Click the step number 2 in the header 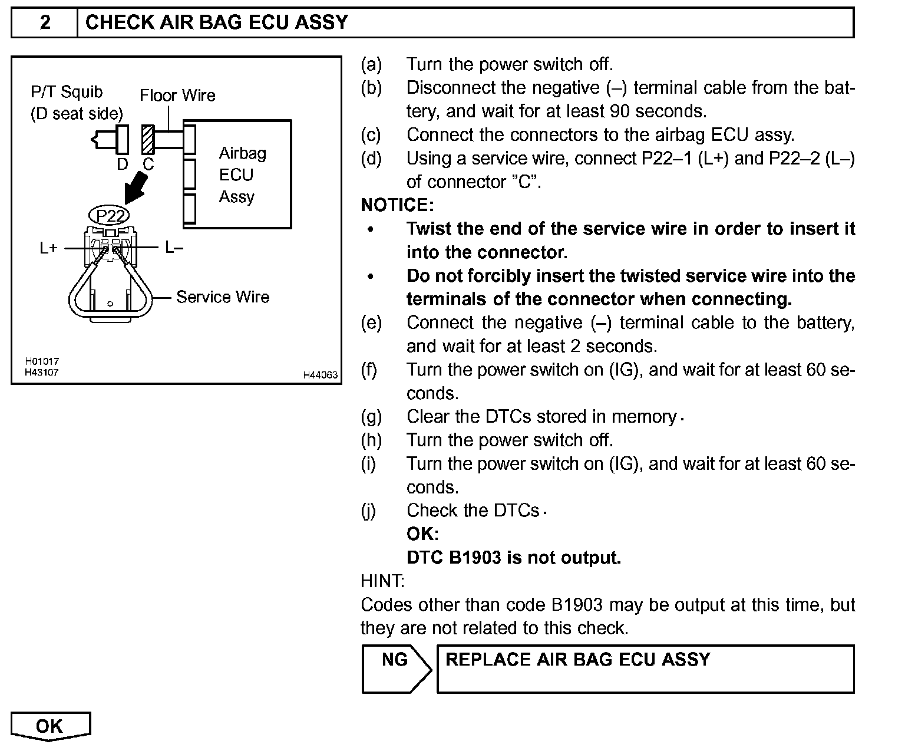pos(45,22)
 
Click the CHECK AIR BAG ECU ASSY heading pos(217,22)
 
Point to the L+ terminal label pos(48,248)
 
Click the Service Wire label pos(222,297)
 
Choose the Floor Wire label pos(177,96)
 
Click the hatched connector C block pos(147,140)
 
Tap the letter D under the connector pos(122,164)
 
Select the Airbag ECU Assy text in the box pos(242,175)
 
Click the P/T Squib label pos(67,92)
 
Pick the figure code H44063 pos(321,375)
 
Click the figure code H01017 pos(41,361)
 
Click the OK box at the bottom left pos(50,726)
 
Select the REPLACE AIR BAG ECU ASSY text pos(577,659)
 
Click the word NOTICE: pos(397,205)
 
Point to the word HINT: pos(382,581)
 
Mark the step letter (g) pos(371,417)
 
